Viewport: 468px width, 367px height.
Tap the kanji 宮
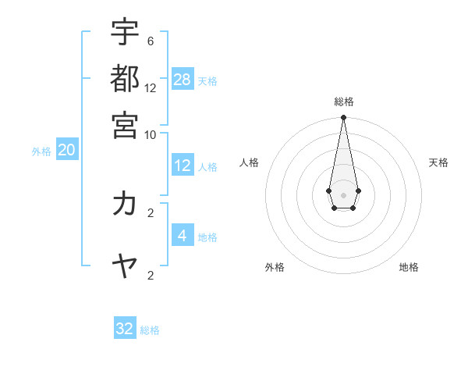(x=125, y=124)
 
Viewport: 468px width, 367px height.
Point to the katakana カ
(x=125, y=204)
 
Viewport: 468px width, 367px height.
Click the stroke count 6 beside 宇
(x=151, y=41)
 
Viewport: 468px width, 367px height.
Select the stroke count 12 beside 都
(x=151, y=87)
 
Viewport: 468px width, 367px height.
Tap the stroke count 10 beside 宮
(x=151, y=134)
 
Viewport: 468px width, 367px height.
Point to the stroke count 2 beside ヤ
(x=151, y=275)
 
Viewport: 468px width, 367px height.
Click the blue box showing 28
(x=183, y=80)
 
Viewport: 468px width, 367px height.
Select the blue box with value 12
(x=183, y=166)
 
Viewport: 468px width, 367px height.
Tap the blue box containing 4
(x=183, y=235)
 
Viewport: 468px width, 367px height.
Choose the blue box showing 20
(x=66, y=151)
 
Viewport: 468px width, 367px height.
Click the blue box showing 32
(x=125, y=329)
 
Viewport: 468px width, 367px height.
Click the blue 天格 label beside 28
(x=207, y=81)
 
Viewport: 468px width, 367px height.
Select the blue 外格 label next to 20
(x=41, y=151)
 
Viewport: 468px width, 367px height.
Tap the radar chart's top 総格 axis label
(x=343, y=102)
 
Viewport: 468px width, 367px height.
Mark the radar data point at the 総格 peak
(x=343, y=118)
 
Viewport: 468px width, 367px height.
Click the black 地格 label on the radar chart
(x=409, y=267)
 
